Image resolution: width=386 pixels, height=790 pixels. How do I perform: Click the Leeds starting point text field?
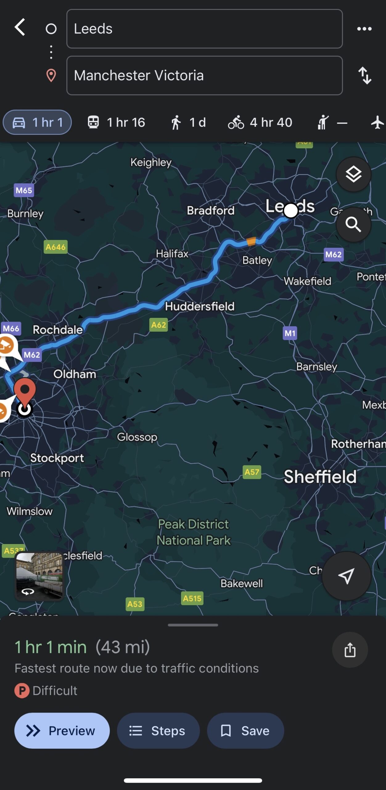204,29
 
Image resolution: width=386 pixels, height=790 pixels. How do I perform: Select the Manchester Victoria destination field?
204,75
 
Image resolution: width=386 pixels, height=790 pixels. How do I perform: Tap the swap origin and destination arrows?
365,75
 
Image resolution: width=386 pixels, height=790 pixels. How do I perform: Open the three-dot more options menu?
364,29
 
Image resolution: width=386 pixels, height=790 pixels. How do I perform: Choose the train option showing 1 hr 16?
117,123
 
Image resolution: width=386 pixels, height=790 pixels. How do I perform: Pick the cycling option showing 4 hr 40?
260,123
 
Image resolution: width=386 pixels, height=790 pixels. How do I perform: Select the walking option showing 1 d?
188,123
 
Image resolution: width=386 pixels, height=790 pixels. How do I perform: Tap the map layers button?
353,174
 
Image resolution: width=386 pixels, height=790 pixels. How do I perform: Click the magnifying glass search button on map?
353,224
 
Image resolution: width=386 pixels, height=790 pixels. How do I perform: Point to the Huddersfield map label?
200,306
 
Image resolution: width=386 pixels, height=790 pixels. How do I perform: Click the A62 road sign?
158,325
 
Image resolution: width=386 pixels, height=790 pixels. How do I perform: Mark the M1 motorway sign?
290,333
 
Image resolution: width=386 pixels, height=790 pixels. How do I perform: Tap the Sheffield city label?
320,477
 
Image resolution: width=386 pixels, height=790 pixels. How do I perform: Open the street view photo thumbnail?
39,576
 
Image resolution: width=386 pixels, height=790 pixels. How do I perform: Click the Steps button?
158,731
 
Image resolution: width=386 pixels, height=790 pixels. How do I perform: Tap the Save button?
245,731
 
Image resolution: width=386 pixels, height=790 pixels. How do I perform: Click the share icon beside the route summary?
350,650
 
